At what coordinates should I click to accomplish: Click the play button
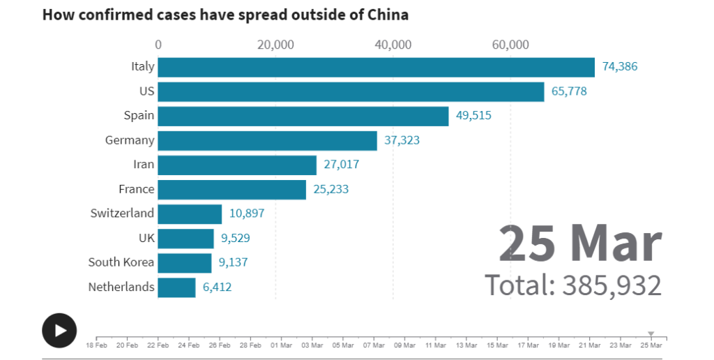point(59,330)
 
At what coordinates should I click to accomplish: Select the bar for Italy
point(376,67)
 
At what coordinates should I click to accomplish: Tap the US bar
point(351,91)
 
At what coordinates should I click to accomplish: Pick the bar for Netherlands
point(176,287)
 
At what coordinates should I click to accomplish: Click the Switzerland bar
point(190,213)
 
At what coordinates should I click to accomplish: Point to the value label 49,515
point(473,116)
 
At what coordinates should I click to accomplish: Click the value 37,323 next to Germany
point(402,140)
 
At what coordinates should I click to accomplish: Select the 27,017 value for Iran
point(342,165)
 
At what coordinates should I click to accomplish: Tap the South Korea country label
point(121,262)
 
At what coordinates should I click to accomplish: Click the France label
point(136,188)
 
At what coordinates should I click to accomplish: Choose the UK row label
point(146,238)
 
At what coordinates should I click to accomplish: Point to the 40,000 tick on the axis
point(393,45)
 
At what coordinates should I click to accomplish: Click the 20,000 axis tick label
point(275,45)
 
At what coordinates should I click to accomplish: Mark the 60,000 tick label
point(510,45)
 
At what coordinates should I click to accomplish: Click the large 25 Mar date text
point(579,243)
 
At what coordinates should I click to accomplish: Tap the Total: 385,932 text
point(572,285)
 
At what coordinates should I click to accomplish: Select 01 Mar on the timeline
point(281,345)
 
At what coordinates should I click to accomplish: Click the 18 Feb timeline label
point(96,345)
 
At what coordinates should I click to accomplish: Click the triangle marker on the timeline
point(651,334)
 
